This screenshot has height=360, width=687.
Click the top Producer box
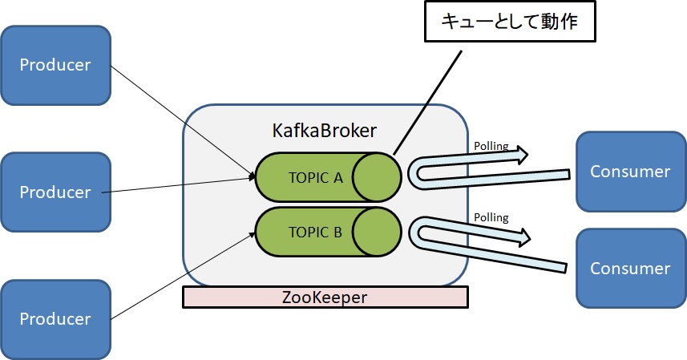(x=55, y=65)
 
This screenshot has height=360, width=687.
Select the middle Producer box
(x=55, y=192)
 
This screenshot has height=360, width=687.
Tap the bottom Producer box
(x=55, y=319)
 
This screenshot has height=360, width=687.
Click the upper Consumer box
(x=630, y=171)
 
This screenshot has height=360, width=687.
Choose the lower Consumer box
(x=630, y=269)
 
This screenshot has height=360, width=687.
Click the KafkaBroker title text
(x=325, y=129)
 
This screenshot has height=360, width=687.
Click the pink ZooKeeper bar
(x=325, y=297)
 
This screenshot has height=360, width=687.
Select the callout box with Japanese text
(x=509, y=23)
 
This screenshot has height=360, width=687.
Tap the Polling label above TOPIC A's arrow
(x=491, y=147)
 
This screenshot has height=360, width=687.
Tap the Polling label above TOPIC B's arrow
(x=491, y=216)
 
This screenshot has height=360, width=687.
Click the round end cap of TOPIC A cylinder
(x=377, y=177)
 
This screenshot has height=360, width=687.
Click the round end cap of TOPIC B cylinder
(x=377, y=233)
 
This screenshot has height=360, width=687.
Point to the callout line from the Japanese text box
(x=429, y=100)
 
